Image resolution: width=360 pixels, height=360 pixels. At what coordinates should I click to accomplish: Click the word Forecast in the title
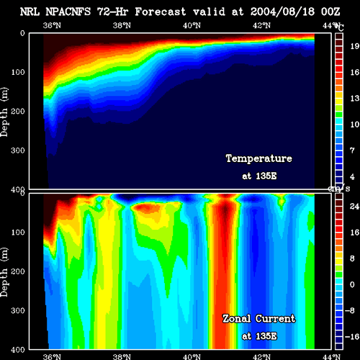(161, 12)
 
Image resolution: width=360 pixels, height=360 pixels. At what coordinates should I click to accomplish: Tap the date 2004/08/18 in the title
(282, 12)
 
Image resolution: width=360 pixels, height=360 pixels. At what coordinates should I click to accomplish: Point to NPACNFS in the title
(68, 12)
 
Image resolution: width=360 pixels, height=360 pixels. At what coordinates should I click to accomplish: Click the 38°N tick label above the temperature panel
(122, 25)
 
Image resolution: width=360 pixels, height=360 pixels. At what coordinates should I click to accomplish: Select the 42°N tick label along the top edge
(261, 25)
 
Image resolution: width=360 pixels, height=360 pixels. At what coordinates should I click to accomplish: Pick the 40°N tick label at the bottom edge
(192, 357)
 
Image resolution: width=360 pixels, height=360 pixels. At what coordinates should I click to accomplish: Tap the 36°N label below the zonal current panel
(52, 357)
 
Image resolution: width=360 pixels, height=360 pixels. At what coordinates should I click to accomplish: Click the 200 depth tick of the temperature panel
(18, 112)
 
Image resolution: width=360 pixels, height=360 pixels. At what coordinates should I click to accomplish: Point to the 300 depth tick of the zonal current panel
(18, 310)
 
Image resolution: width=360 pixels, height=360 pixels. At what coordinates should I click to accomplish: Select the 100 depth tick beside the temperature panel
(18, 72)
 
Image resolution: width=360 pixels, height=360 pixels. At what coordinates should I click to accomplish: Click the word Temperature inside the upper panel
(259, 158)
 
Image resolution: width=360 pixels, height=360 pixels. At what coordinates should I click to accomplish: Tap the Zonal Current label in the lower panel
(259, 319)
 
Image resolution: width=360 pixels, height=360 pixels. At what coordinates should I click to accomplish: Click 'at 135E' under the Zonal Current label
(259, 336)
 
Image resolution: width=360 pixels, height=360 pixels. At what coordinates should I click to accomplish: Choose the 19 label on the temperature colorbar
(354, 46)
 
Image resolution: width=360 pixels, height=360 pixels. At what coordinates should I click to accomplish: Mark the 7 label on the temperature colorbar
(352, 150)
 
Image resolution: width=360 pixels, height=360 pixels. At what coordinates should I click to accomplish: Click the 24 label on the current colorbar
(354, 207)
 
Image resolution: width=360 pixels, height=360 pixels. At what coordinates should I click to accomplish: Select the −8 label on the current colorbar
(352, 310)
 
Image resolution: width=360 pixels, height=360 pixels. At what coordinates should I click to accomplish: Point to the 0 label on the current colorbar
(352, 284)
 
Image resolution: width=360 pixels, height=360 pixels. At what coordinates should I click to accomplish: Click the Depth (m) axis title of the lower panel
(4, 272)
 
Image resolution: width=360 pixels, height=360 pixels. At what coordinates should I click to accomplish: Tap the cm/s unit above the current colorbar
(339, 189)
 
